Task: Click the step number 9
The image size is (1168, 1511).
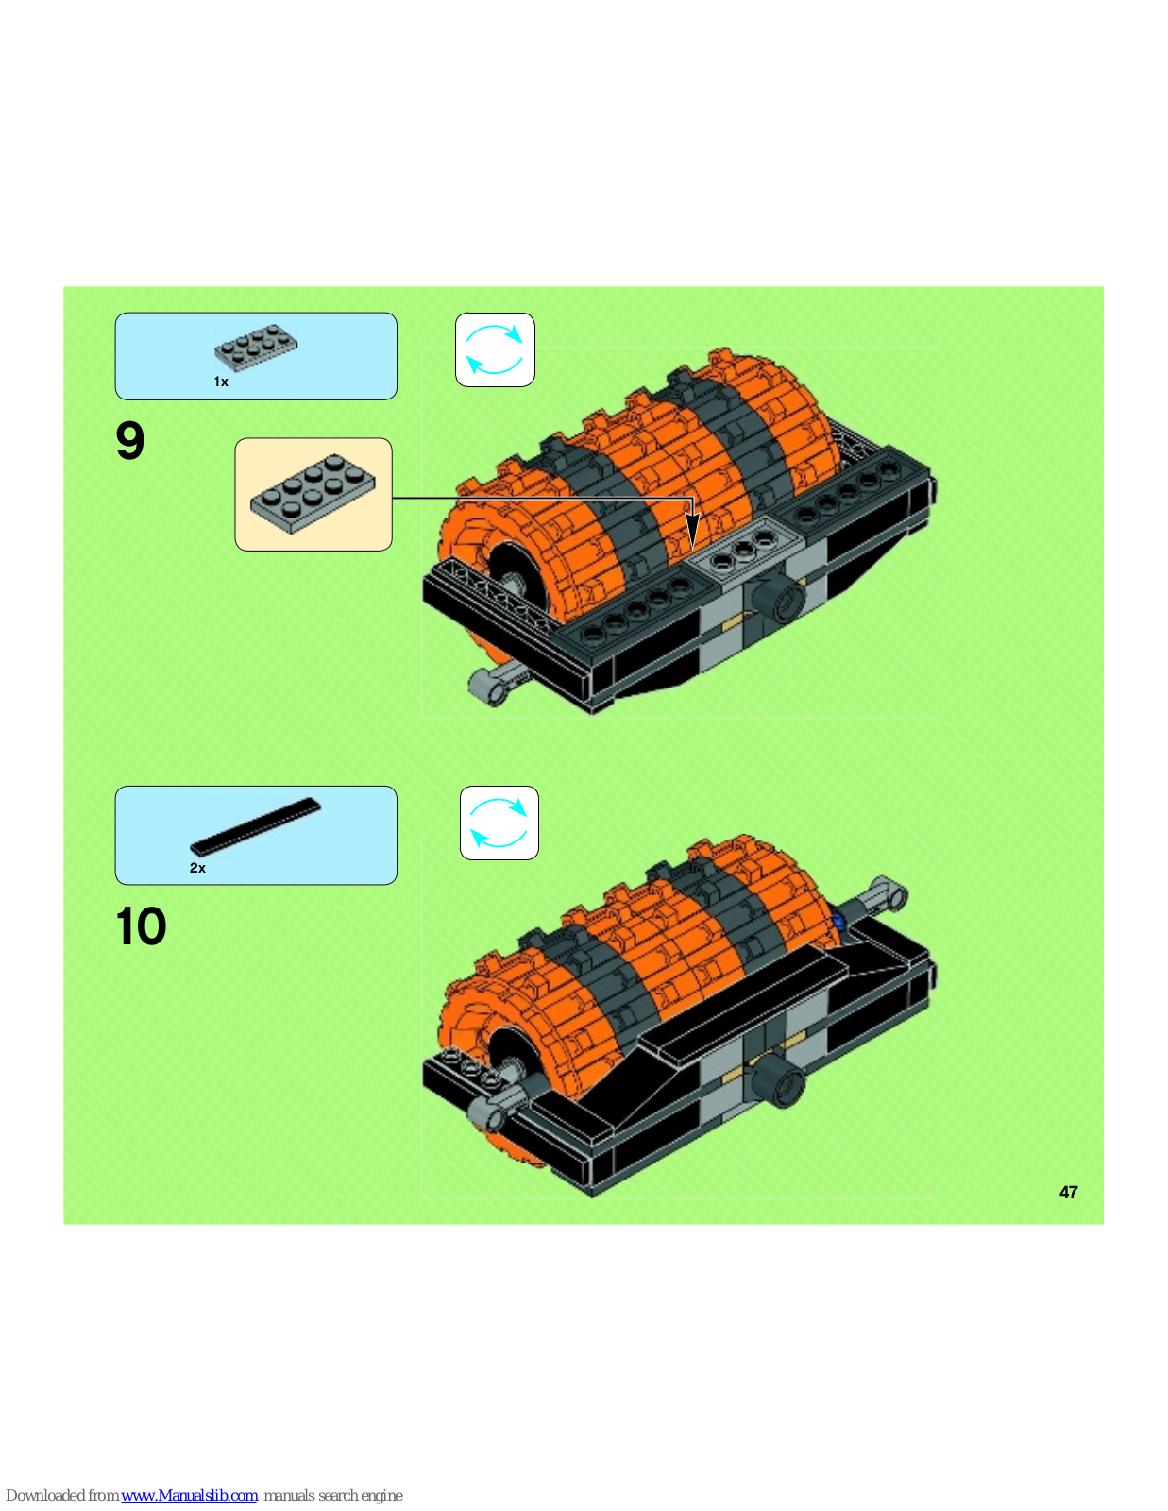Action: pos(130,441)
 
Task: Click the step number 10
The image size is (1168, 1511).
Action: pos(141,926)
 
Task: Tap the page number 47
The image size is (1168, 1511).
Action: pos(1069,1193)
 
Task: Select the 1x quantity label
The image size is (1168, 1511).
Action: pos(221,382)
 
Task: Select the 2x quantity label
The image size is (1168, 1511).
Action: pos(197,868)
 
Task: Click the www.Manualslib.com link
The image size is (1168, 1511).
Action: pos(189,1495)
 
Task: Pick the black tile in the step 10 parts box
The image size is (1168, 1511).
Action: pos(256,826)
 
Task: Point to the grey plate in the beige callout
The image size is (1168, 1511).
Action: pos(313,494)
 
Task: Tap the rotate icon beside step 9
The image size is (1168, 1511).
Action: pos(495,349)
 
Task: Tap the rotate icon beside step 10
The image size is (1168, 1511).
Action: pos(499,823)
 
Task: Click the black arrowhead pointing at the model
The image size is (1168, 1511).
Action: pos(692,532)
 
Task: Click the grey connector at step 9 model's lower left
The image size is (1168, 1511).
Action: pos(495,685)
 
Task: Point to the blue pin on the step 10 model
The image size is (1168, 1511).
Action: pos(838,923)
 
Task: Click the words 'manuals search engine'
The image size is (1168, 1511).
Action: pos(333,1495)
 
